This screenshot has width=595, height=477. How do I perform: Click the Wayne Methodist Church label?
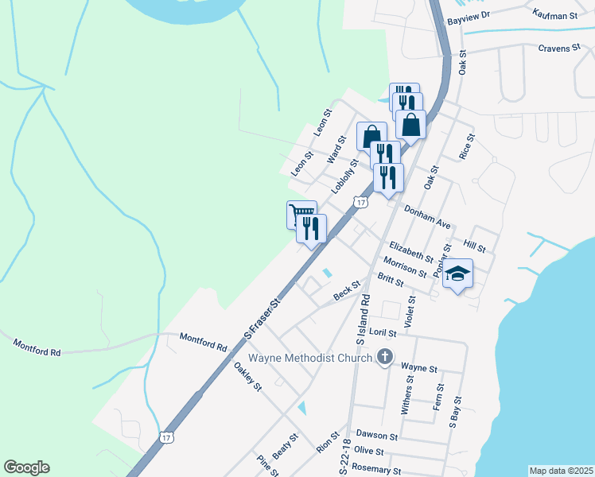click(x=311, y=357)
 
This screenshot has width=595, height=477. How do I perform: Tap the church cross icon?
click(x=385, y=357)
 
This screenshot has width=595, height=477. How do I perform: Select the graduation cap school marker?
click(x=457, y=274)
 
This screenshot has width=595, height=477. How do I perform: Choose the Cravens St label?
click(x=559, y=48)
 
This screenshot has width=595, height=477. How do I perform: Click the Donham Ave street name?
click(x=427, y=217)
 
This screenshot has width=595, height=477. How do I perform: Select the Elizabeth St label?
click(x=411, y=253)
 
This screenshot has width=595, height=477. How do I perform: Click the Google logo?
click(x=26, y=467)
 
